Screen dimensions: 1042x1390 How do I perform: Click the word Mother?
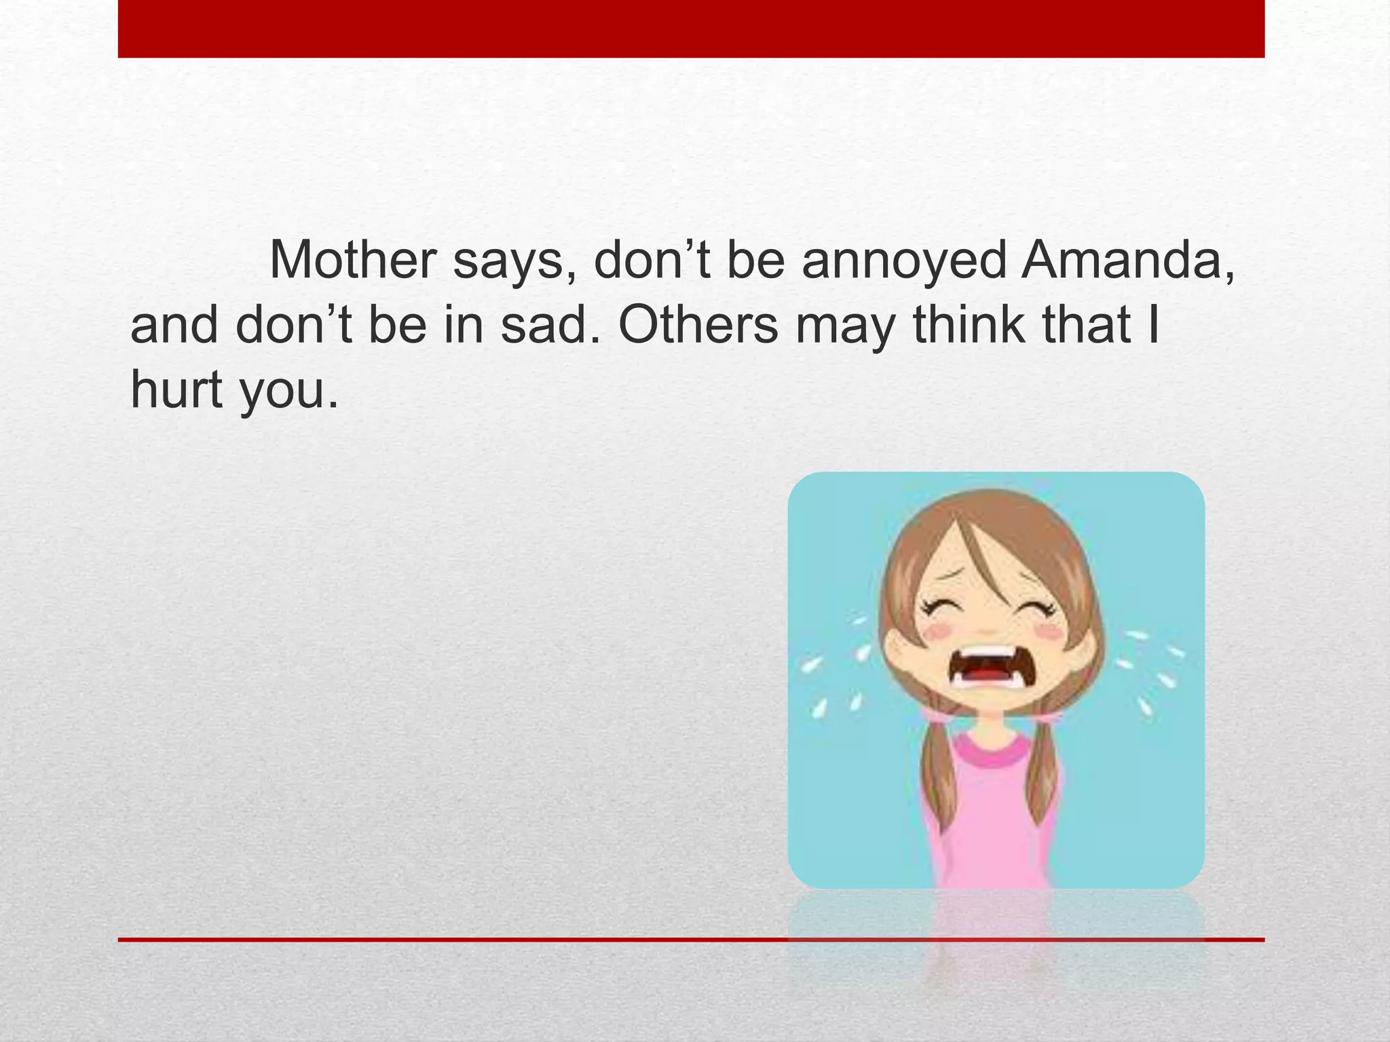tap(353, 260)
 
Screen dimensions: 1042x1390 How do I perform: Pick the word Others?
tap(698, 325)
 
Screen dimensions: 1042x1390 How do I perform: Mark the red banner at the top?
tap(691, 28)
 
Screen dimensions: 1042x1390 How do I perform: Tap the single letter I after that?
tap(1152, 325)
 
